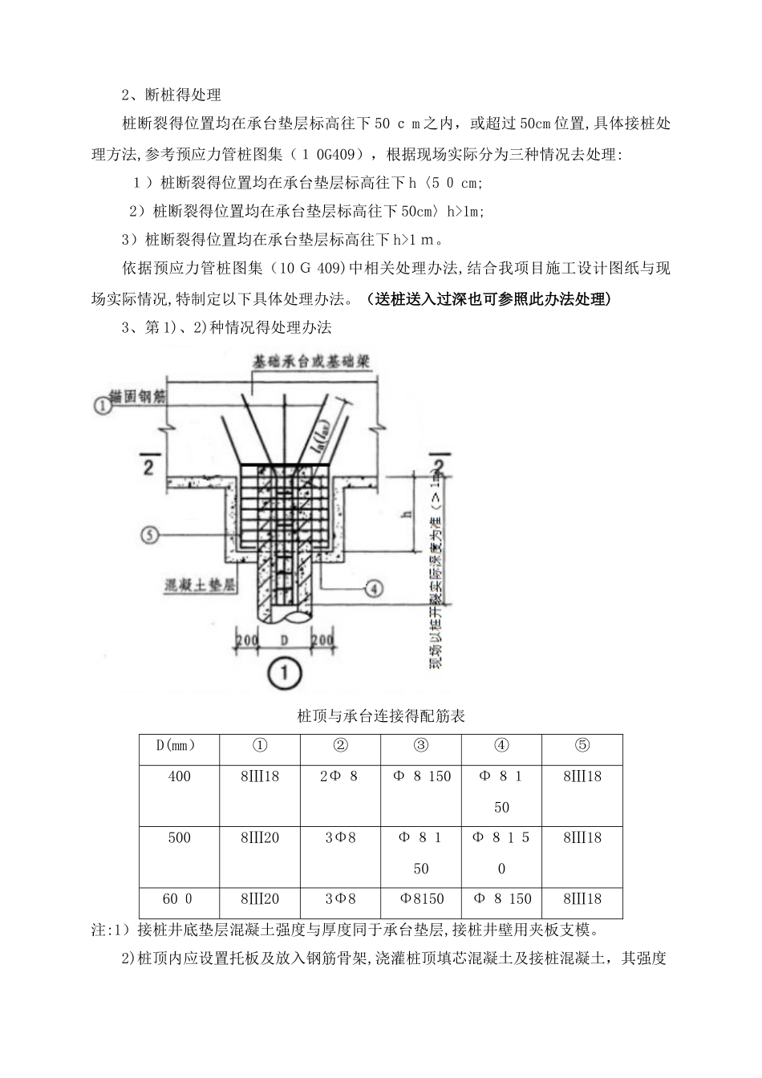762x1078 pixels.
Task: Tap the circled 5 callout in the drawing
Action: [150, 534]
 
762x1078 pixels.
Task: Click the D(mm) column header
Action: [179, 746]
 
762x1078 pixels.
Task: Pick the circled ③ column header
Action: [421, 746]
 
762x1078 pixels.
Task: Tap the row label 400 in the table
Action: [179, 776]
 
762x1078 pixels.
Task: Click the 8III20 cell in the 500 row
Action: [259, 838]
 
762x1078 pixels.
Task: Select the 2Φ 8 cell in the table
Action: [340, 776]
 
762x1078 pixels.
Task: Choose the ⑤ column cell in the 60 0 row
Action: [582, 899]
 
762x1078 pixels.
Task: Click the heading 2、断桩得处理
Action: [171, 95]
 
